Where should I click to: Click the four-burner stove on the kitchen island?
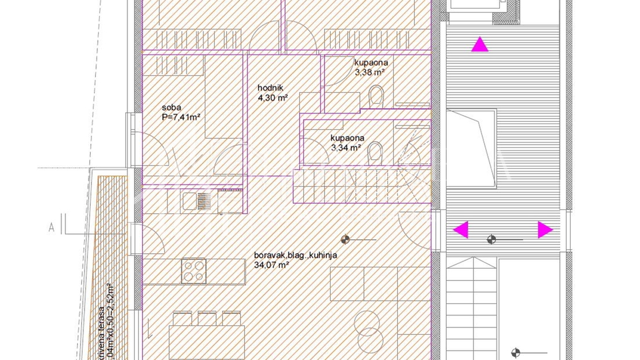[x=194, y=271]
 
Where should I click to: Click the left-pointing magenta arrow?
[x=461, y=230]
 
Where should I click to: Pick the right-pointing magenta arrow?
[x=545, y=230]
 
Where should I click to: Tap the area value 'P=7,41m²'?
[x=182, y=117]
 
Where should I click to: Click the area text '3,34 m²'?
[x=346, y=148]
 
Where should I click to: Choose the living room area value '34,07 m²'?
[x=271, y=265]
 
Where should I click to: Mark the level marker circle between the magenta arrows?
[x=492, y=239]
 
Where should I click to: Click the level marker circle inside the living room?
[x=345, y=238]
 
